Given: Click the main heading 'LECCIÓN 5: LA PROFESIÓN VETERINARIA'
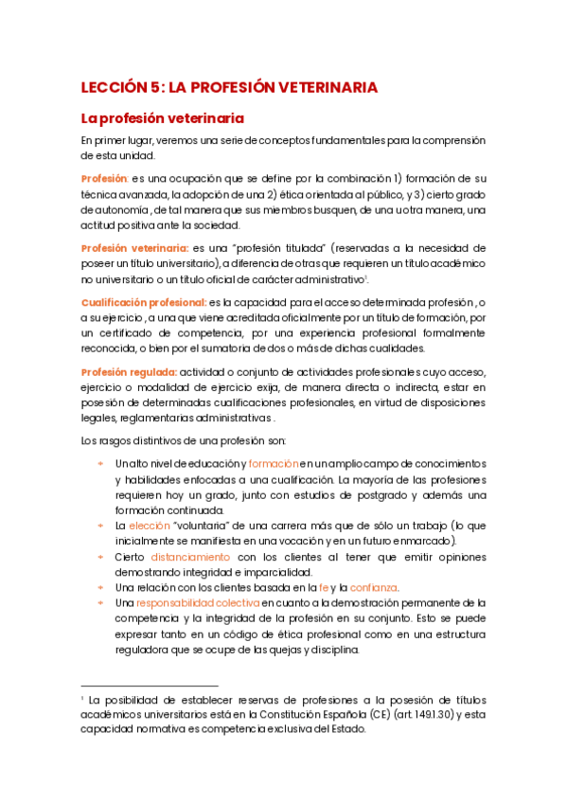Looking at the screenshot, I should tap(229, 87).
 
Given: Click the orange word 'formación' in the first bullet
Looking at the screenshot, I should tap(273, 464).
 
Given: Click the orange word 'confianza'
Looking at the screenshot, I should tap(374, 587).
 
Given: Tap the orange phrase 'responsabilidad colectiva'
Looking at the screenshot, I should tap(198, 602).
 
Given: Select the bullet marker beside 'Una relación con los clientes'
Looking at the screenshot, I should tap(100, 587).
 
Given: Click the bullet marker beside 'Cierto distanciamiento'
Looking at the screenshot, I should tap(100, 557).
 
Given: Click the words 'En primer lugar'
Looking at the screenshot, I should tap(117, 141).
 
